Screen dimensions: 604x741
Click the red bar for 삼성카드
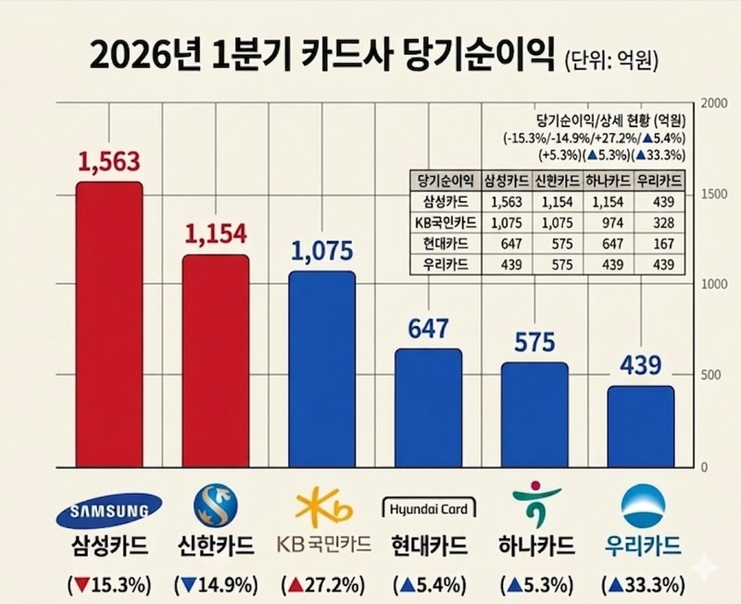tap(108, 324)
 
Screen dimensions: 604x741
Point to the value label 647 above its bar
tap(427, 329)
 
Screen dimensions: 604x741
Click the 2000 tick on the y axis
tap(714, 104)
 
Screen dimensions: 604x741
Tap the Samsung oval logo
tap(108, 509)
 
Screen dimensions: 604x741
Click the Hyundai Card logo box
tap(428, 508)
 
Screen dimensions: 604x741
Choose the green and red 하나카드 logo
tap(534, 506)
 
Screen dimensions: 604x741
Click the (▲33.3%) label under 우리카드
tap(642, 585)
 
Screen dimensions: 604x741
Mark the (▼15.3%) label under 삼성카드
tap(108, 585)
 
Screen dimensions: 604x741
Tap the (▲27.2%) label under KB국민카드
tap(322, 585)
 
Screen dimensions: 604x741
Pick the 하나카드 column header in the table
tap(608, 181)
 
